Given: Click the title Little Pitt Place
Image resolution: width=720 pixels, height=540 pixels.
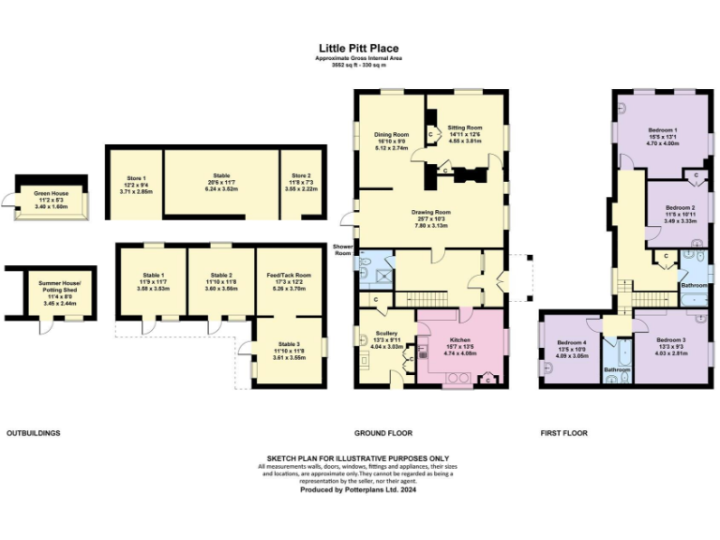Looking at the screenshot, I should click(x=359, y=47).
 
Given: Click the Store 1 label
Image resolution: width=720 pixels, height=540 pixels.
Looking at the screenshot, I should click(x=137, y=177).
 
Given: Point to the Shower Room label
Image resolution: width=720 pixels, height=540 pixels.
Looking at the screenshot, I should click(x=342, y=249).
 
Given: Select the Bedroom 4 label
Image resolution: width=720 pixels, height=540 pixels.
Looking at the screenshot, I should click(x=572, y=343).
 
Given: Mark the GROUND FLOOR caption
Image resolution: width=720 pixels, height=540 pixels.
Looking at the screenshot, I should click(x=382, y=433).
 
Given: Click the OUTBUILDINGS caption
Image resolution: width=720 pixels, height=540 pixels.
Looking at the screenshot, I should click(x=34, y=433).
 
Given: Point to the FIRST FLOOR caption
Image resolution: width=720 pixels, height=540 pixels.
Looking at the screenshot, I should click(x=564, y=433).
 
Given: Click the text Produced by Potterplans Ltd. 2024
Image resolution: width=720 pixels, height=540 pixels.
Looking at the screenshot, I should click(x=359, y=489).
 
